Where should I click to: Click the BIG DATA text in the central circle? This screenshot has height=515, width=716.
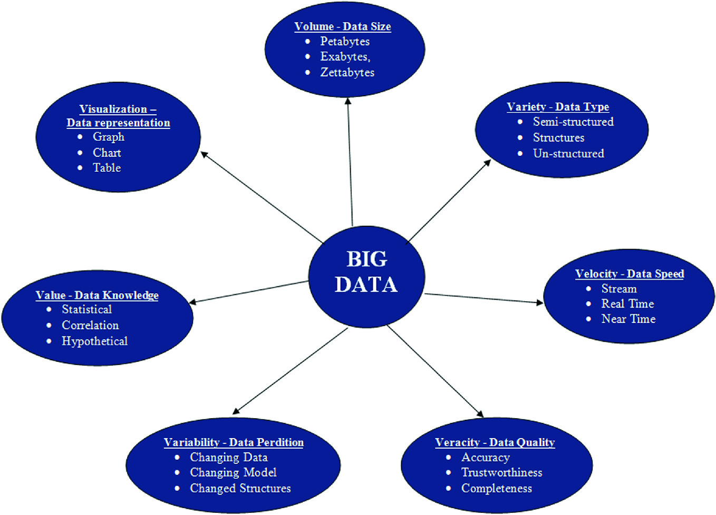366,272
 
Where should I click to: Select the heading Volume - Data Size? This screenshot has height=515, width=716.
343,26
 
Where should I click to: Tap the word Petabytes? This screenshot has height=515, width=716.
345,41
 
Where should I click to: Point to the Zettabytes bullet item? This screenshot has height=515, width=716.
347,72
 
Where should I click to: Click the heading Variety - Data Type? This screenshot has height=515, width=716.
558,107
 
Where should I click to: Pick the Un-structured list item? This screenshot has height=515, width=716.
568,154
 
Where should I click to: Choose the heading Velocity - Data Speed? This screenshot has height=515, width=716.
630,274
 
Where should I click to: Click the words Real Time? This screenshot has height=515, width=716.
627,304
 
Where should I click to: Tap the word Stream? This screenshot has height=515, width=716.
619,289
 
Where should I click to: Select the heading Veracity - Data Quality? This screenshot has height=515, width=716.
495,442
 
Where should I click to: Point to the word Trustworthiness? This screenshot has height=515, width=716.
501,472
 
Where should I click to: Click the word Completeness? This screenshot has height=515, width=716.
496,488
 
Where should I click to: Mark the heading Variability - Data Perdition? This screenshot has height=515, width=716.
234,442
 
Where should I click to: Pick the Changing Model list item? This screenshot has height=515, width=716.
233,472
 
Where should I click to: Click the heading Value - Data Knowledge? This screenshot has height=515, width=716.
97,295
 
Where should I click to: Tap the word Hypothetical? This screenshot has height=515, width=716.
94,341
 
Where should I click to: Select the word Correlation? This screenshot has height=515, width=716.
90,325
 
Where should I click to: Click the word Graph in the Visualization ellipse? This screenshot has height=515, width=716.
109,137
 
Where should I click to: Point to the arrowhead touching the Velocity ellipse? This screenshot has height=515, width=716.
539,303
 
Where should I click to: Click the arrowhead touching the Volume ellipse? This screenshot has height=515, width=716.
348,101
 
